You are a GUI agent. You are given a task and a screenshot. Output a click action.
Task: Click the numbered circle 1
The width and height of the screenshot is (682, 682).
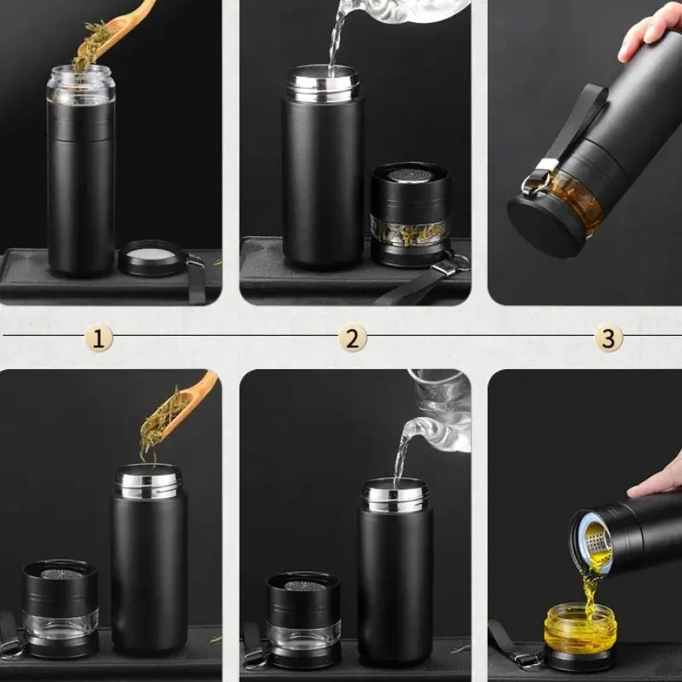99,338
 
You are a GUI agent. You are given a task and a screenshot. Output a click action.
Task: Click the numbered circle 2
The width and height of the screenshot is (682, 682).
353,338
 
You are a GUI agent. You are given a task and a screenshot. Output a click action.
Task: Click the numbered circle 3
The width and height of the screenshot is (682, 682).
609,338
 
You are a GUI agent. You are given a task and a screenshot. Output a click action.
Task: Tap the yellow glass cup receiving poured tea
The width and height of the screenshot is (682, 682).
581,626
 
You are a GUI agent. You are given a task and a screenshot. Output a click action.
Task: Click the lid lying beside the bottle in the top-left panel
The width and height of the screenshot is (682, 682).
151,258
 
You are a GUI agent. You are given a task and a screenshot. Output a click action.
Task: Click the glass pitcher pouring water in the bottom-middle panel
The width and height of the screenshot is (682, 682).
437,418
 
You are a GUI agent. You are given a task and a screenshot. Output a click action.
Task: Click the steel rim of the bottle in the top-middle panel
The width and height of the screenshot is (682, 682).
323,84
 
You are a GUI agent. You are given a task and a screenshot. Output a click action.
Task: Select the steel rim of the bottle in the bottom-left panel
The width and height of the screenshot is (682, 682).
147,482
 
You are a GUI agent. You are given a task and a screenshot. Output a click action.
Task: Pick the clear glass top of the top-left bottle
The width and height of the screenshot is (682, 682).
81,84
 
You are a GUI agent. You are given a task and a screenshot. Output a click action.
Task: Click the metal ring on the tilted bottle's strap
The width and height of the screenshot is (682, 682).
533,182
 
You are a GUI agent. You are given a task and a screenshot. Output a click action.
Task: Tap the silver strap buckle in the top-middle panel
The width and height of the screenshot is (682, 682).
446,268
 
